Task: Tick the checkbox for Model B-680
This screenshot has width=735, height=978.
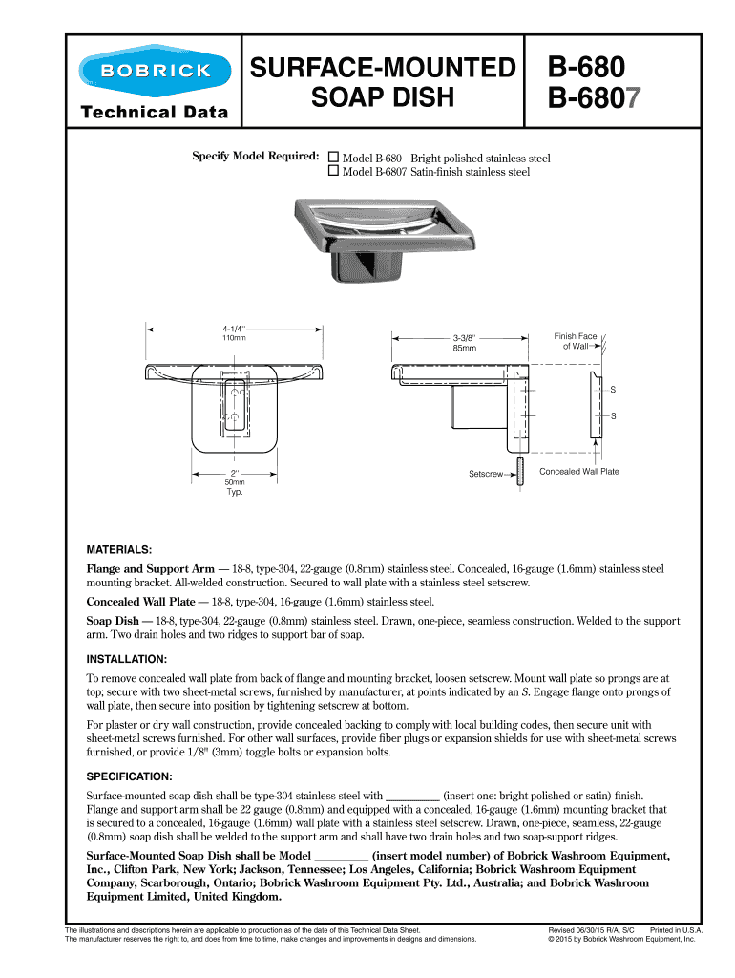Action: pos(334,158)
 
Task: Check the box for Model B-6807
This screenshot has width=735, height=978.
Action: pos(334,172)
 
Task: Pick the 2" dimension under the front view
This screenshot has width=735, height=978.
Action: pos(234,472)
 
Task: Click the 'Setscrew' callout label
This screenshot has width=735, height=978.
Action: pos(485,474)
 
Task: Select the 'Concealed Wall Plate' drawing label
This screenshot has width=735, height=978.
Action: pos(578,471)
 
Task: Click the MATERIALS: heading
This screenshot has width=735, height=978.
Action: pos(119,551)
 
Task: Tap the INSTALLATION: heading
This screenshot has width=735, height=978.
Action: pos(127,659)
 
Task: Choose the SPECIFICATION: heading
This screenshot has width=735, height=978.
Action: pos(130,776)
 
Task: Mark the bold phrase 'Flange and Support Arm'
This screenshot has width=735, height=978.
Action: pos(151,568)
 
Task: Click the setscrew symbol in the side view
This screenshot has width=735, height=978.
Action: pos(519,473)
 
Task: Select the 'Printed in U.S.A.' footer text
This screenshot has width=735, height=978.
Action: pos(676,929)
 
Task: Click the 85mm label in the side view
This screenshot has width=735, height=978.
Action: pos(465,348)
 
